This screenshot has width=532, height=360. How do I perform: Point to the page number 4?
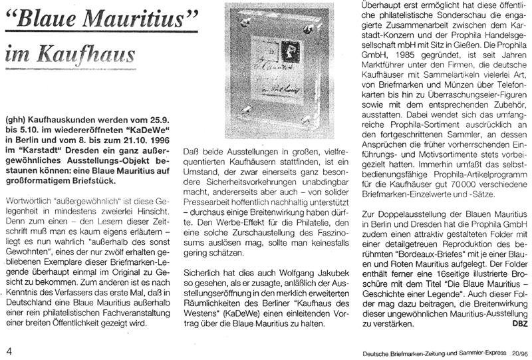(x=9, y=349)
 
